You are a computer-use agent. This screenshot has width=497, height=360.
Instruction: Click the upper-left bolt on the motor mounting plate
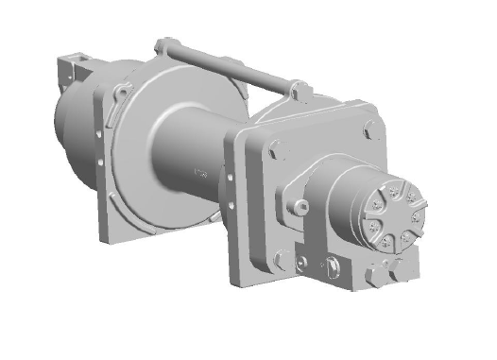point(274,146)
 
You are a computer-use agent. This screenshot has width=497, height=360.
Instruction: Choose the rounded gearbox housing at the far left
point(71,132)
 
